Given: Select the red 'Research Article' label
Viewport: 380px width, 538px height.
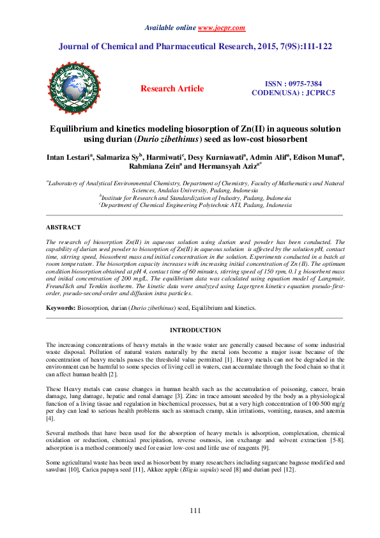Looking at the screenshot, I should [x=172, y=89].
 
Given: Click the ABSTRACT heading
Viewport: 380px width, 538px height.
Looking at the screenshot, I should [x=63, y=227].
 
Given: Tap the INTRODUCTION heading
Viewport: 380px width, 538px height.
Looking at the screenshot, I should [x=194, y=330].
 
